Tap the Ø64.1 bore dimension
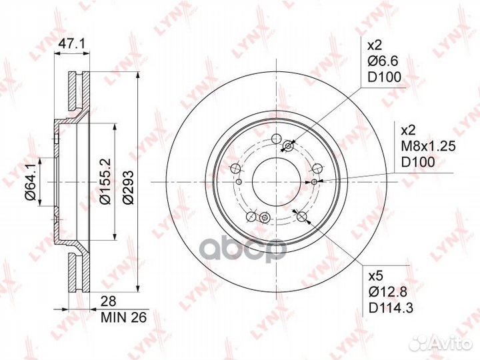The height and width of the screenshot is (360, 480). [x=31, y=182]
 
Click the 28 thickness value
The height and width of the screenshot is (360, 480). [x=109, y=301]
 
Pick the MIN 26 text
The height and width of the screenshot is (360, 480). [x=124, y=317]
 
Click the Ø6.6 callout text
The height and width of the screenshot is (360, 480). [x=383, y=61]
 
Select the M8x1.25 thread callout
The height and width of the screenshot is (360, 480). [x=428, y=146]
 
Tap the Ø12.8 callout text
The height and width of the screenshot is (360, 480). [x=388, y=293]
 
